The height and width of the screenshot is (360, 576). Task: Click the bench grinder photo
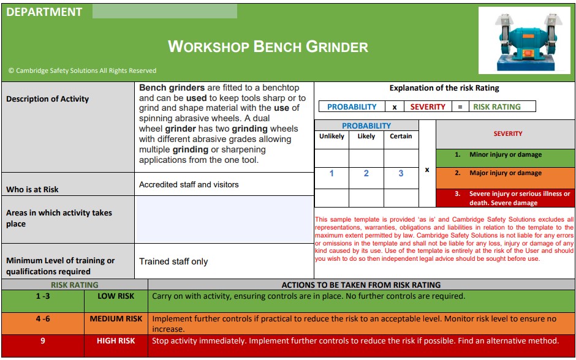524,41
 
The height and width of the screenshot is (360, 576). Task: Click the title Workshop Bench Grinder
268,47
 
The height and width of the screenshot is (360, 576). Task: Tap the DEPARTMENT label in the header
44,12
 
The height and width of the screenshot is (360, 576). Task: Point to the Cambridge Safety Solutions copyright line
82,70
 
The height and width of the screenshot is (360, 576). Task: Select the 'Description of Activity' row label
48,99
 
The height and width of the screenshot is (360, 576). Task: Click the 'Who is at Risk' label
32,189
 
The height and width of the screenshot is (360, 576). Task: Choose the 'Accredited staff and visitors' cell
189,184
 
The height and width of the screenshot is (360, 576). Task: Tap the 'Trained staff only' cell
173,261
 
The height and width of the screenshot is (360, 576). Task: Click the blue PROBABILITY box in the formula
352,107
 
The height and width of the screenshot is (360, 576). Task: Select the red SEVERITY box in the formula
428,107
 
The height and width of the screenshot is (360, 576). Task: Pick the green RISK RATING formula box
497,107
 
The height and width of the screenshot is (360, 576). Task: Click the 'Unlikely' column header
332,137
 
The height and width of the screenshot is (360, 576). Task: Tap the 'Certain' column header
401,137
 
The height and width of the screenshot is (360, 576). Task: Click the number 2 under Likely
366,173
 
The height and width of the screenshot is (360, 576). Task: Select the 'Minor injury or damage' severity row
505,155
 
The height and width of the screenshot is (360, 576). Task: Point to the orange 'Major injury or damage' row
505,173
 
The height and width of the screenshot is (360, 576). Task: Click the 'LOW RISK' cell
116,296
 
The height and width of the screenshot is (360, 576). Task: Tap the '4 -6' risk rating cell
42,319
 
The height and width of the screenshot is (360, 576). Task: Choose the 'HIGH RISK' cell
116,341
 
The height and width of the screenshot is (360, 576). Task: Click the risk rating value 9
42,341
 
